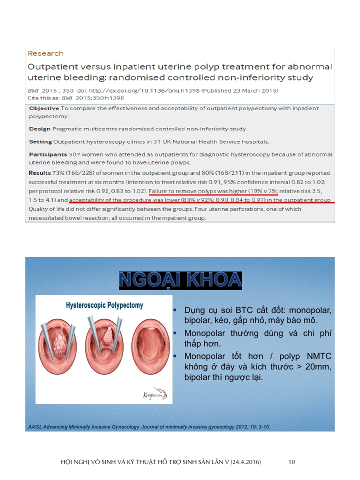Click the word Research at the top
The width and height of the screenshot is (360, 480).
click(45, 53)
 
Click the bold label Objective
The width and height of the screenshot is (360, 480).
click(44, 108)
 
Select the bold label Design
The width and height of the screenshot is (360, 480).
click(39, 129)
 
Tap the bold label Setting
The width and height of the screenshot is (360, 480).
click(40, 142)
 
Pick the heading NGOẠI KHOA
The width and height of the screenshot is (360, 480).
click(180, 280)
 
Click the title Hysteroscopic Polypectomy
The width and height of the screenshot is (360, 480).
click(104, 305)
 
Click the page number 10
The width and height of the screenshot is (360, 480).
click(292, 462)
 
